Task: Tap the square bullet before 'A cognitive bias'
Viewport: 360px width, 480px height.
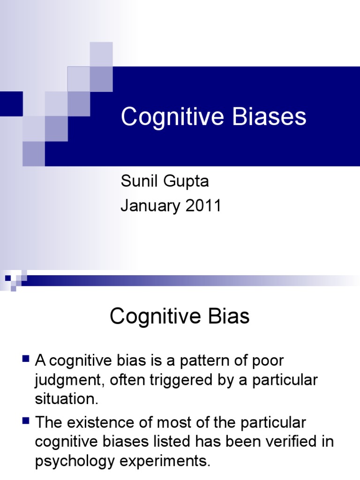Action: click(x=26, y=360)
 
